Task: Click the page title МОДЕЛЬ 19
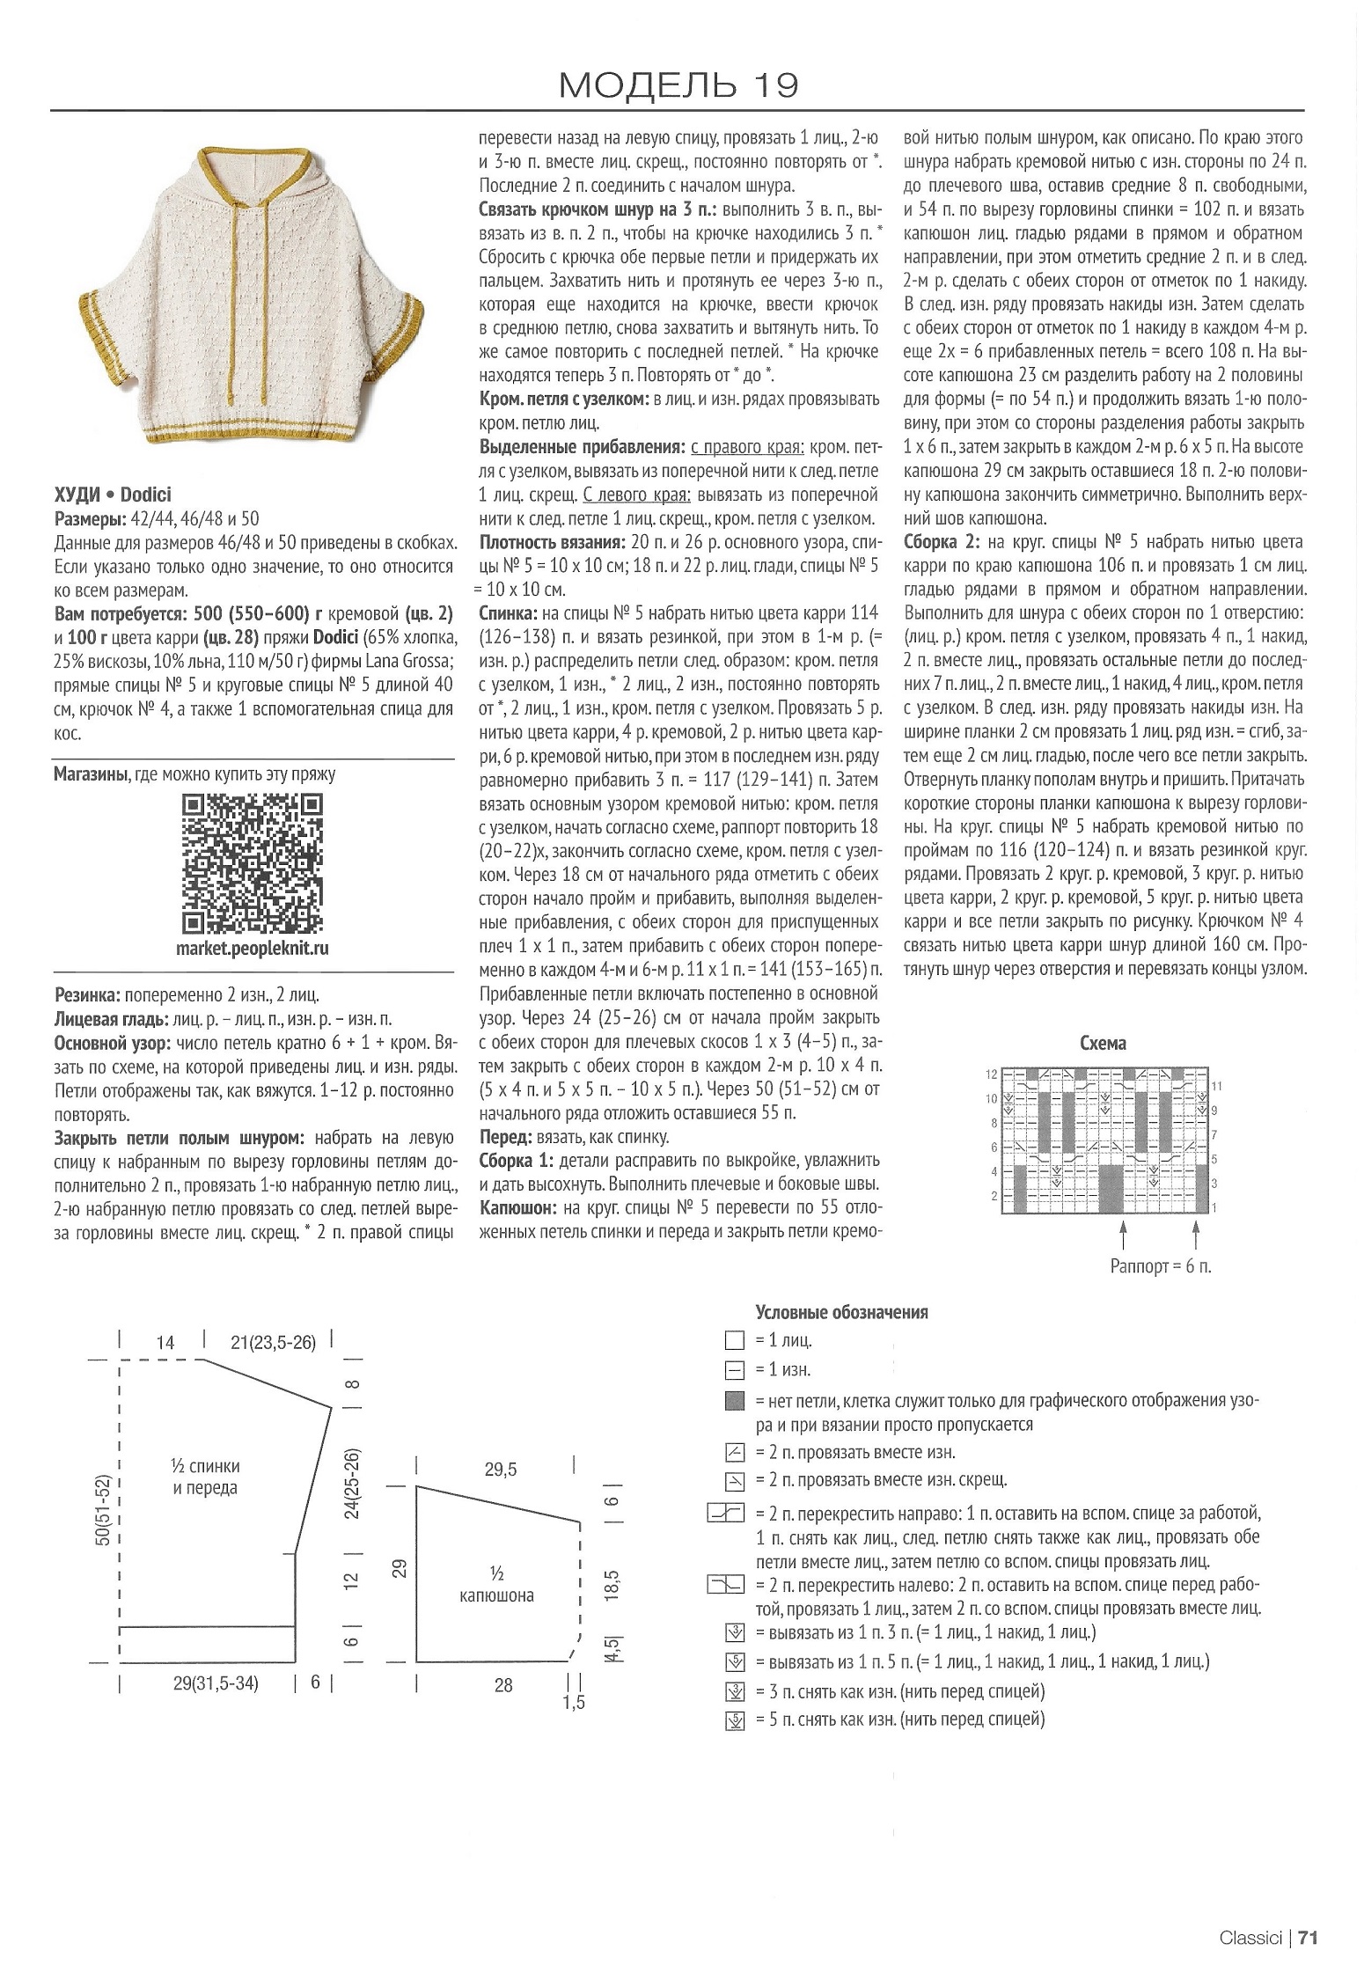[x=678, y=84]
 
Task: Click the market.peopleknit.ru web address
[x=253, y=950]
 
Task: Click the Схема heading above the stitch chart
[x=1103, y=1044]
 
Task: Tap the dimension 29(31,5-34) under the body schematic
[x=215, y=1684]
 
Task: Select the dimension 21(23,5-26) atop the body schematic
[x=273, y=1343]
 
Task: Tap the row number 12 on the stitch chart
[x=992, y=1074]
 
